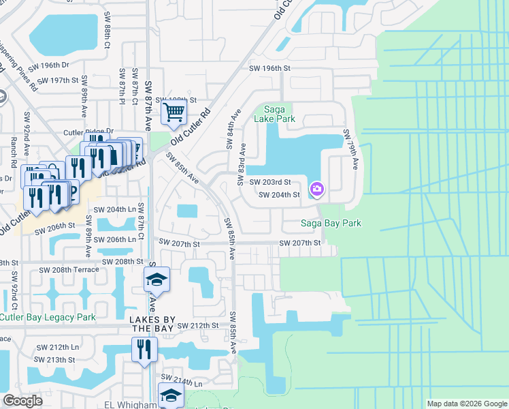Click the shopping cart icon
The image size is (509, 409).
(x=174, y=110)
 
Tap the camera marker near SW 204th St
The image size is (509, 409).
(x=317, y=188)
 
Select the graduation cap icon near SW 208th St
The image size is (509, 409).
(x=156, y=279)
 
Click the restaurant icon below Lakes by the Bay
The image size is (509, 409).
(x=144, y=349)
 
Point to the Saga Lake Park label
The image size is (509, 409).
(x=274, y=113)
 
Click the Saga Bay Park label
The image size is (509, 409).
(x=331, y=223)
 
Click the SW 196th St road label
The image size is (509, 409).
(x=269, y=68)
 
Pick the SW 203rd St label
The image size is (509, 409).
(x=269, y=182)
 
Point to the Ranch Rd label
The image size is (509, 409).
(x=13, y=154)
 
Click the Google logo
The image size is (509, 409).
(x=22, y=401)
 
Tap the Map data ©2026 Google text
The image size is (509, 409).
(x=466, y=404)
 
